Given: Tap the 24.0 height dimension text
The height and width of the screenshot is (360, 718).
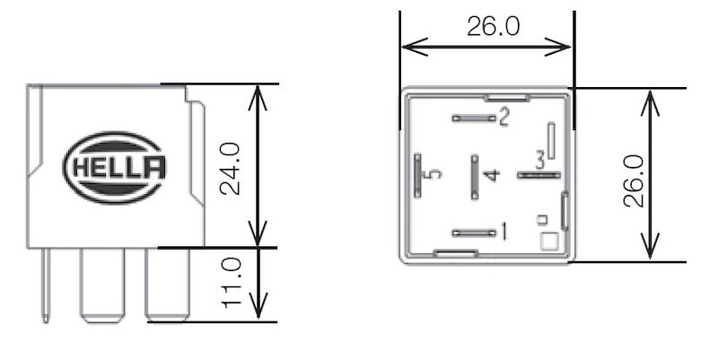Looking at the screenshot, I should pyautogui.click(x=231, y=167).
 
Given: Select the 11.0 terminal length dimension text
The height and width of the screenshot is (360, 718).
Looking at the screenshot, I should pyautogui.click(x=231, y=284).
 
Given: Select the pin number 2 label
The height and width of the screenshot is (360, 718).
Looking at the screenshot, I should pyautogui.click(x=503, y=117).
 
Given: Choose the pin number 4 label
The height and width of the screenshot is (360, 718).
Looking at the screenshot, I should pyautogui.click(x=490, y=174).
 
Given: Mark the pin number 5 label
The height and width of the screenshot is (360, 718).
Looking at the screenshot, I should pyautogui.click(x=435, y=174).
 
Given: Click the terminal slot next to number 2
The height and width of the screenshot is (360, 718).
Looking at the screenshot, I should pyautogui.click(x=474, y=118).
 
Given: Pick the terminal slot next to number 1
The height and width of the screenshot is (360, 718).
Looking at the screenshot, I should pyautogui.click(x=474, y=233).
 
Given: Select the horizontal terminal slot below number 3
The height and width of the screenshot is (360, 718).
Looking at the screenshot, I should pyautogui.click(x=538, y=174).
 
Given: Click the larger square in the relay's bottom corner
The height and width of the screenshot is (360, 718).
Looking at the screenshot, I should pyautogui.click(x=548, y=241).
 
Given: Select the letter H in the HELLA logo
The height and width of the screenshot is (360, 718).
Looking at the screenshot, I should pyautogui.click(x=78, y=168).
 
